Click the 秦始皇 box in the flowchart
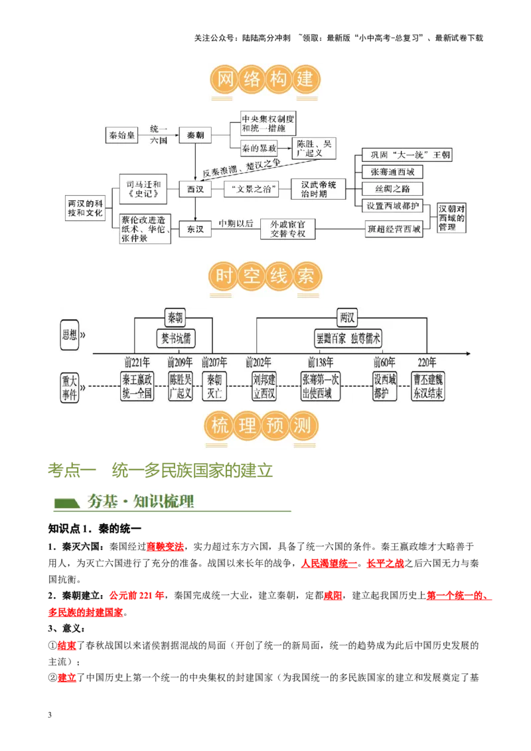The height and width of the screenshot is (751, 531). [122, 135]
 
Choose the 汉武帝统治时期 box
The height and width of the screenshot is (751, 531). [319, 189]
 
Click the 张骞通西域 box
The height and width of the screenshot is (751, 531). [392, 172]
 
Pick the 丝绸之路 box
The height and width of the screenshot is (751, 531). [392, 189]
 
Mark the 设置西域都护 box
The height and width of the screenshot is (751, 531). [394, 206]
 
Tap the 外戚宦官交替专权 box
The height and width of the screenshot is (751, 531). [287, 229]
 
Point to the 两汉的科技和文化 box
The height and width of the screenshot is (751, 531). [86, 207]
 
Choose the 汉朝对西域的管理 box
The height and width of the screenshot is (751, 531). [452, 218]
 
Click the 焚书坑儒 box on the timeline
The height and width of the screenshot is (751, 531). [175, 338]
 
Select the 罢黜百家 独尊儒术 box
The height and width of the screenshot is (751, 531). [349, 338]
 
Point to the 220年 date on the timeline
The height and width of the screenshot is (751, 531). [427, 362]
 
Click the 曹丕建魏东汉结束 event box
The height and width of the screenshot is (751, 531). [428, 386]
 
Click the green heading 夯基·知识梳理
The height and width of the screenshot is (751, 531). [141, 502]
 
